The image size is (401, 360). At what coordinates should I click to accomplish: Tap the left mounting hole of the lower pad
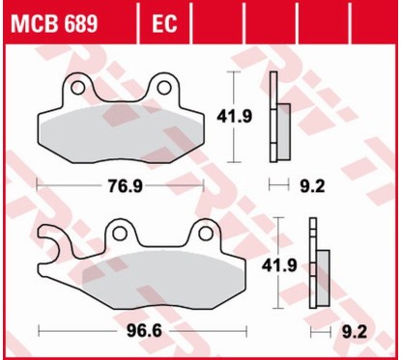(120, 232)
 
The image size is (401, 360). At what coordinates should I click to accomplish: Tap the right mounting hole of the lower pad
(204, 232)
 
